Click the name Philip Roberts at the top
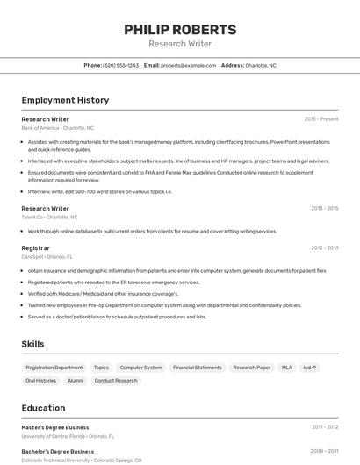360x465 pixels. pos(180,29)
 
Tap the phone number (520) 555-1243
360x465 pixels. pos(121,65)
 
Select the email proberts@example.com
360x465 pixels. pos(188,65)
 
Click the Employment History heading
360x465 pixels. pos(65,100)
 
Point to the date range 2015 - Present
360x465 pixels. pos(320,118)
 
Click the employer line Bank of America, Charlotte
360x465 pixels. pos(57,128)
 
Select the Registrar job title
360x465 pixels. pos(35,248)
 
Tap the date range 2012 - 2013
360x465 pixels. pos(324,247)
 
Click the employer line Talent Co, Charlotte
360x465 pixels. pos(49,217)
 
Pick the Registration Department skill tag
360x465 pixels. pos(54,368)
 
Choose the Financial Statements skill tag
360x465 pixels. pos(197,368)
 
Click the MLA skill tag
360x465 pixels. pos(286,368)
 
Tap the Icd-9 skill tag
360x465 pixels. pos(309,368)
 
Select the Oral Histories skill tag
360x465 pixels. pos(40,381)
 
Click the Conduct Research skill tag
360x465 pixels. pos(116,381)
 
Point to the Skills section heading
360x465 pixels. pos(32,344)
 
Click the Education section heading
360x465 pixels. pos(43,408)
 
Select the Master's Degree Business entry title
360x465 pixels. pos(55,427)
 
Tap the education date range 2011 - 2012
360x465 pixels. pos(325,427)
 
